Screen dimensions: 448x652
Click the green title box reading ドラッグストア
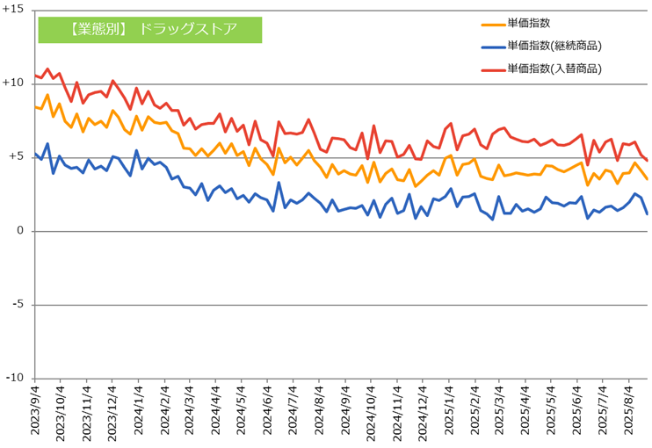point(150,29)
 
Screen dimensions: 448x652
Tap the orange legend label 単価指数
point(529,23)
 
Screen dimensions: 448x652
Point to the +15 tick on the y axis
point(17,10)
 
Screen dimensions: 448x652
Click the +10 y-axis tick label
point(17,83)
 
